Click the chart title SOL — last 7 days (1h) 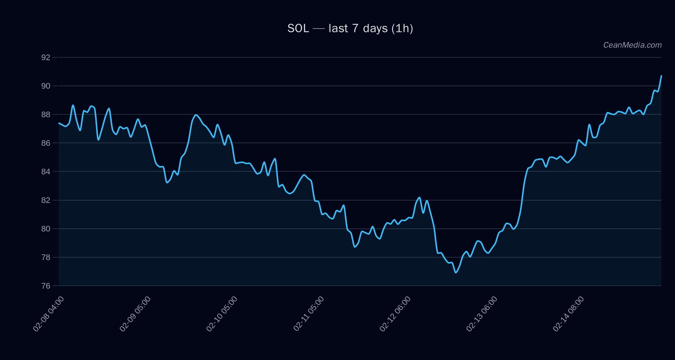[350, 28]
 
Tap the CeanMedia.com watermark [632, 45]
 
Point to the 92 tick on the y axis [45, 57]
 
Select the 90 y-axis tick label [45, 86]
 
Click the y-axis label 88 [45, 114]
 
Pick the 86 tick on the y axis [45, 143]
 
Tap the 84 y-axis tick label [45, 172]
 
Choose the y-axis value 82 [45, 200]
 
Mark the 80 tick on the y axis [45, 229]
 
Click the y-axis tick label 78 [45, 257]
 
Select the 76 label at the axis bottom [45, 286]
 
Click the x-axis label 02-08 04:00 [48, 314]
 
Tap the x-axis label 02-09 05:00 [135, 314]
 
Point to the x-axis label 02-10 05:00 [222, 314]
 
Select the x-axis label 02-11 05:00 [309, 314]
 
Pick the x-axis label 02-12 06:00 [395, 314]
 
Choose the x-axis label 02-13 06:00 [482, 314]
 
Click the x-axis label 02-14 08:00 [568, 314]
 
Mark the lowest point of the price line [456, 273]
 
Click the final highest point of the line [661, 76]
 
